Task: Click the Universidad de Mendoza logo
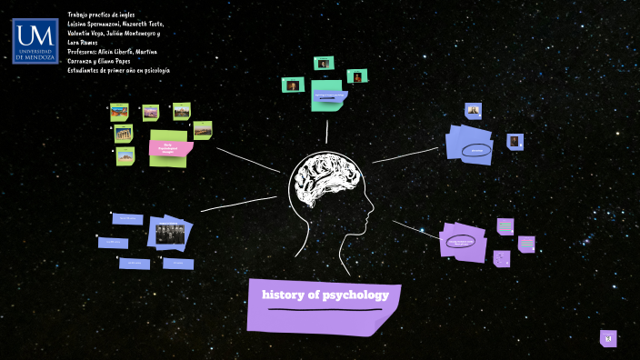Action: point(35,42)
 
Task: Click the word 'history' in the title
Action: point(283,295)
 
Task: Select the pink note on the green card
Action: point(171,148)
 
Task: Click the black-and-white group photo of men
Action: point(170,232)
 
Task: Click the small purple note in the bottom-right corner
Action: point(608,338)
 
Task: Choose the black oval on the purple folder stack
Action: point(462,242)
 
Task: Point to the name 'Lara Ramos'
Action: point(85,43)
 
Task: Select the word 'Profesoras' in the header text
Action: point(88,52)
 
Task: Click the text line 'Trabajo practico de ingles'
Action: point(103,15)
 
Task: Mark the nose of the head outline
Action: point(373,206)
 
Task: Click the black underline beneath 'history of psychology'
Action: point(324,310)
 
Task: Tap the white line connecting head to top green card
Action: point(326,131)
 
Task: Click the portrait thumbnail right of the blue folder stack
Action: point(515,141)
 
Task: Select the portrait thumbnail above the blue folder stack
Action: point(474,111)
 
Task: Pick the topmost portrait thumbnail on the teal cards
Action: point(322,63)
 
